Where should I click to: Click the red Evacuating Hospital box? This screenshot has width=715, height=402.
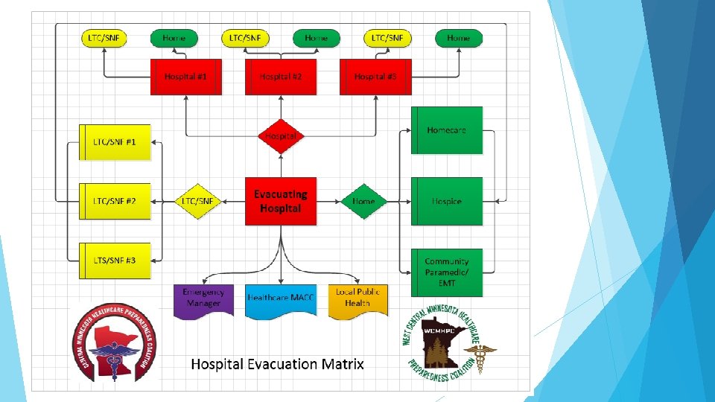point(281,201)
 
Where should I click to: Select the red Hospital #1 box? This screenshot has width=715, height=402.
point(186,77)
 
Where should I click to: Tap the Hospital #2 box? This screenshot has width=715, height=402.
point(281,77)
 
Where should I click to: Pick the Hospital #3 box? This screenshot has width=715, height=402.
point(375,77)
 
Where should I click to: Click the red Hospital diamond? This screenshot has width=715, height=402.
point(281,136)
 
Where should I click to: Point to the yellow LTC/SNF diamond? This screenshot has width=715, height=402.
point(198,201)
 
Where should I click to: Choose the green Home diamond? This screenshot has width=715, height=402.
point(363,201)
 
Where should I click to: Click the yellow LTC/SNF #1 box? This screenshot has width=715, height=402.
point(115,141)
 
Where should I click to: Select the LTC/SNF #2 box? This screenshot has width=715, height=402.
point(115,201)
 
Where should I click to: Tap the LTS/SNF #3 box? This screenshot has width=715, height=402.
point(115,260)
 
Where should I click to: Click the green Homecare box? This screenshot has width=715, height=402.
point(447,130)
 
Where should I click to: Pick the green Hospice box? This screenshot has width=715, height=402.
point(447,201)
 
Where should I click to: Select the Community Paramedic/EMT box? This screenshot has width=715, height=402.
point(447,272)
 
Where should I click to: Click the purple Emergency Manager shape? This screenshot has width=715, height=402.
point(203,299)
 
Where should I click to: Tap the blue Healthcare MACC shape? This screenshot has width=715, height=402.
point(281,299)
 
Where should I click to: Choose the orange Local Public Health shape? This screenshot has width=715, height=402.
point(358,299)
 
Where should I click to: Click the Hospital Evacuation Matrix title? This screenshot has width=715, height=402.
point(278,364)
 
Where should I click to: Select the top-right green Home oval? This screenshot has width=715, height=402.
point(458,38)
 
